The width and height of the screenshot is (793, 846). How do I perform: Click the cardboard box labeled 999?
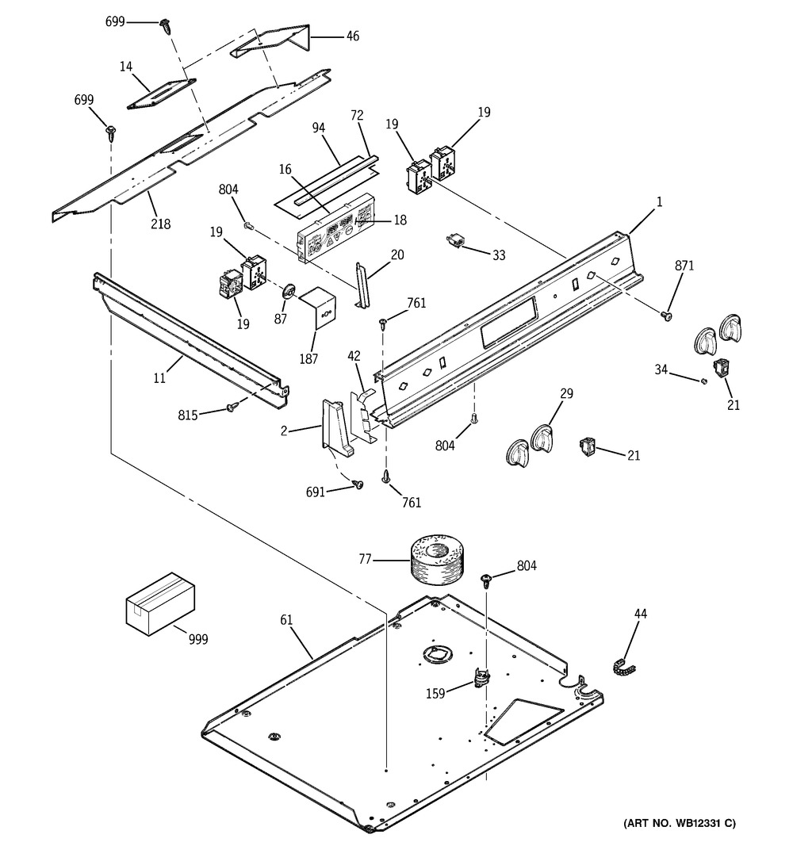point(160,602)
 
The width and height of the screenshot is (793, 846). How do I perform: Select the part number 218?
point(161,224)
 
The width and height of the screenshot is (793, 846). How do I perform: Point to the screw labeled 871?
point(668,316)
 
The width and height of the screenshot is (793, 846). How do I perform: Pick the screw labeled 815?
point(232,406)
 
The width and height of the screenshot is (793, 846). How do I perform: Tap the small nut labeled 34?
point(703,381)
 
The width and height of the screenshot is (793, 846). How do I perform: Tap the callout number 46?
point(352,36)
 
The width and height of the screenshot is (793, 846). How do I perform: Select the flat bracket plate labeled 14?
point(160,93)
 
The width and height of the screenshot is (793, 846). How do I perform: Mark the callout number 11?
point(160,378)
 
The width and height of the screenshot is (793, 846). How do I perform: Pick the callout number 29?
point(567,393)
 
